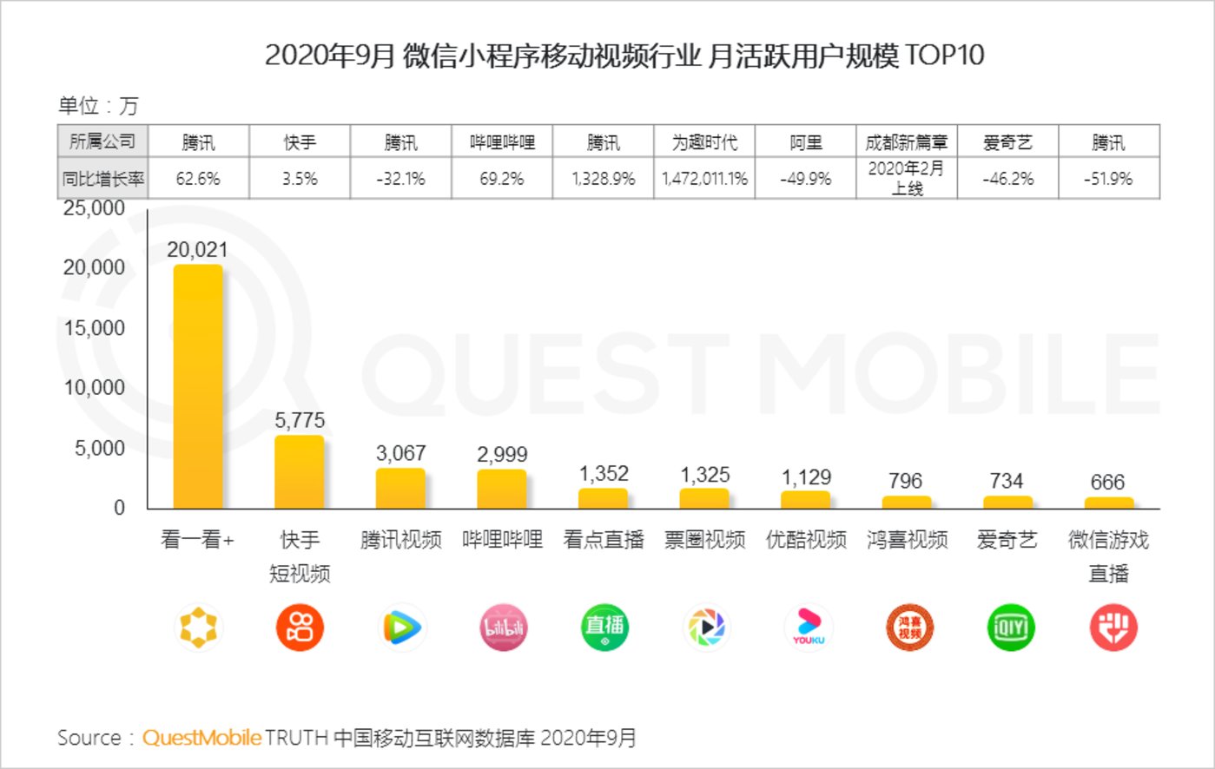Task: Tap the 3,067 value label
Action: coord(400,453)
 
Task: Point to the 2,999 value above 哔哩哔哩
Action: coord(502,454)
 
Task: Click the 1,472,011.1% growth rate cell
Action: coord(704,179)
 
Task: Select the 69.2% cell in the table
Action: coord(502,179)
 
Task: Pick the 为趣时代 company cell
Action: coord(704,142)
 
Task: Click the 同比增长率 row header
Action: coord(102,179)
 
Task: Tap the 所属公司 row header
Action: coord(102,141)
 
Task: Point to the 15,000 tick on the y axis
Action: coord(95,328)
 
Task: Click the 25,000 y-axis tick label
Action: coord(95,208)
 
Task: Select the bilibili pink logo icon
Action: coord(504,628)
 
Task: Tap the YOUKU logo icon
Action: coord(808,628)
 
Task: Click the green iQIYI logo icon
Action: coord(1011,628)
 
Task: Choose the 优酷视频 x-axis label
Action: coord(806,540)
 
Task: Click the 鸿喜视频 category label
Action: coord(907,540)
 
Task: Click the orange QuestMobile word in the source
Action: coord(201,738)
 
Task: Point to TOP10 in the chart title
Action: coord(945,56)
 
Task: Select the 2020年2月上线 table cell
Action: coord(907,178)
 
